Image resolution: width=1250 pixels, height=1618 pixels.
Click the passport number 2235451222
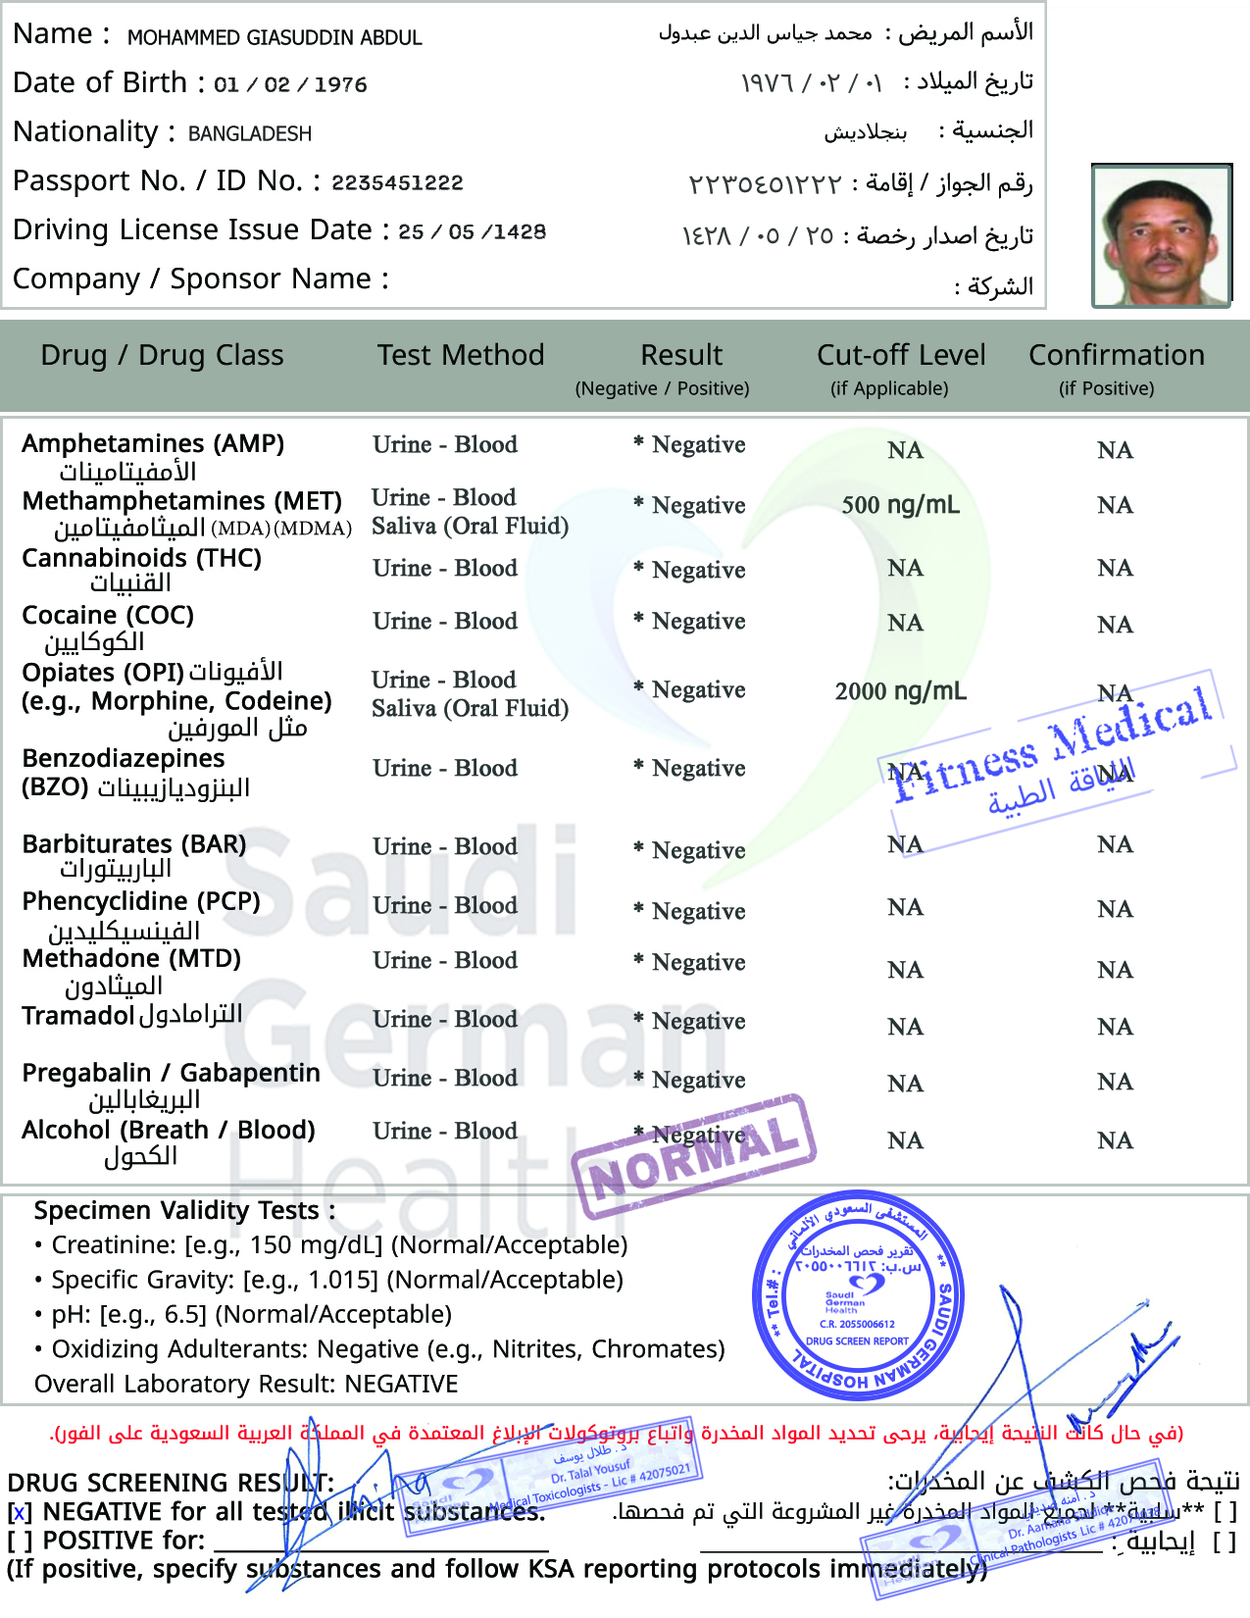[397, 182]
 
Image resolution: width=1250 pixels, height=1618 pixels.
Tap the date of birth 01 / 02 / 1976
[290, 84]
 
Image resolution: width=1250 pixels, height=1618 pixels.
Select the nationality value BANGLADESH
[250, 133]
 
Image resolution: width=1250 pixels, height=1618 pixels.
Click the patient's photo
[1162, 236]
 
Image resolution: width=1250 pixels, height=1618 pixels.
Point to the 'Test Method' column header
[461, 355]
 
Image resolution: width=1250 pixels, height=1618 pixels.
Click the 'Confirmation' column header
[1116, 355]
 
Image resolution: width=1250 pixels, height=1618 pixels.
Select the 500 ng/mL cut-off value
[900, 505]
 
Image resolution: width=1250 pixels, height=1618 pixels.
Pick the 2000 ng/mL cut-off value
[900, 691]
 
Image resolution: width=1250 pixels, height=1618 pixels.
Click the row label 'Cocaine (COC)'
[108, 616]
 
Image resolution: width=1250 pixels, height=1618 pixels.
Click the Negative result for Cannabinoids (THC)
[698, 570]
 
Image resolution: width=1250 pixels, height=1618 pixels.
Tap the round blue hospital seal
[858, 1294]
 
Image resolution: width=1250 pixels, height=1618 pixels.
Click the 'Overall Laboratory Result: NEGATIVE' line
[246, 1384]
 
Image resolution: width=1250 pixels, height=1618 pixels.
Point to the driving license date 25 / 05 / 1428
[473, 231]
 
